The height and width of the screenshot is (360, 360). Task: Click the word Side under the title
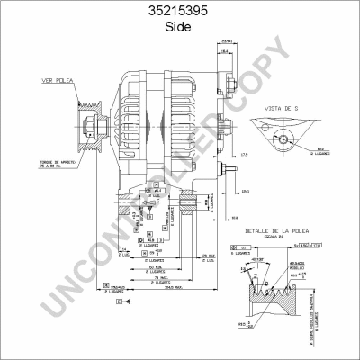(x=179, y=27)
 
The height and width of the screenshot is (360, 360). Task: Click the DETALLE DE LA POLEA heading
(x=289, y=231)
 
